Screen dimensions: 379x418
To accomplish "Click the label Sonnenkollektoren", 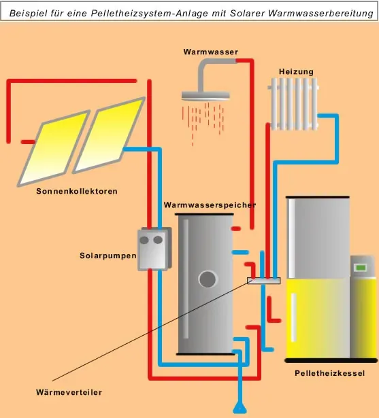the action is click(x=77, y=192).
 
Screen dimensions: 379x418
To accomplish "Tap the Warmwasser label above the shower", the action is click(x=210, y=52).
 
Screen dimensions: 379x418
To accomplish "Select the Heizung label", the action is click(x=296, y=72).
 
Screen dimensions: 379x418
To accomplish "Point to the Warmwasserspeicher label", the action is click(x=210, y=205).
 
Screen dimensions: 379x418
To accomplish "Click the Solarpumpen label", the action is click(x=108, y=256).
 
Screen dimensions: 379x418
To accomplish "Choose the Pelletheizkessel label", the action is click(x=329, y=373).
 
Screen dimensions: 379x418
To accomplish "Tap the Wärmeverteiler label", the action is click(x=69, y=392).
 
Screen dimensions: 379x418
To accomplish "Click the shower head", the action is click(x=205, y=96).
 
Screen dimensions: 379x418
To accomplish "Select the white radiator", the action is click(x=293, y=104).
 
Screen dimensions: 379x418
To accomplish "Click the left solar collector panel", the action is click(x=54, y=148).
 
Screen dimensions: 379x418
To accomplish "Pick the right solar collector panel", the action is click(x=110, y=135).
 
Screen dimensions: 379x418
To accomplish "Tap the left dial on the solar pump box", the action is click(x=144, y=240).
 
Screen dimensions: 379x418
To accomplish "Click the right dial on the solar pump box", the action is click(x=158, y=240).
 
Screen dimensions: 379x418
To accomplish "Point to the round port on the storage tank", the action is click(x=208, y=279).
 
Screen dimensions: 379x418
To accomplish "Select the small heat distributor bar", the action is click(x=264, y=281).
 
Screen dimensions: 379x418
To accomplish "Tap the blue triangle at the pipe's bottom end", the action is click(x=240, y=409).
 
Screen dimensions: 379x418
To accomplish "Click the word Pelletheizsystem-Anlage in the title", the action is click(x=150, y=13).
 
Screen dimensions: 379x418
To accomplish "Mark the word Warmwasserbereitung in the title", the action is click(x=320, y=13).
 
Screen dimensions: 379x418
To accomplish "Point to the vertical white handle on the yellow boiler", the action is click(x=293, y=317).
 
